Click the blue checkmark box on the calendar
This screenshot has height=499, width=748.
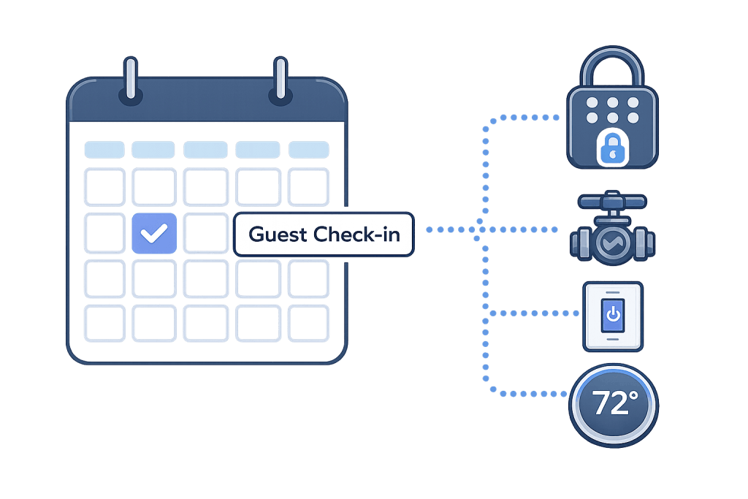point(154,234)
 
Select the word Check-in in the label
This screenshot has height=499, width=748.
point(358,235)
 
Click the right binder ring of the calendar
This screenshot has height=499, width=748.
point(280,79)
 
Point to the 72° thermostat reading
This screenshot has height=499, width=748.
point(614,403)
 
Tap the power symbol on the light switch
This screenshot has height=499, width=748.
point(614,316)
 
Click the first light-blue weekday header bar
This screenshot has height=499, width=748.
point(104,150)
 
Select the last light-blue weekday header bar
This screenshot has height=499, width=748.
point(309,150)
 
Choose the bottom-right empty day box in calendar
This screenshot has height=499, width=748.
point(309,322)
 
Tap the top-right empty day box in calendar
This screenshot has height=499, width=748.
point(309,186)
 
